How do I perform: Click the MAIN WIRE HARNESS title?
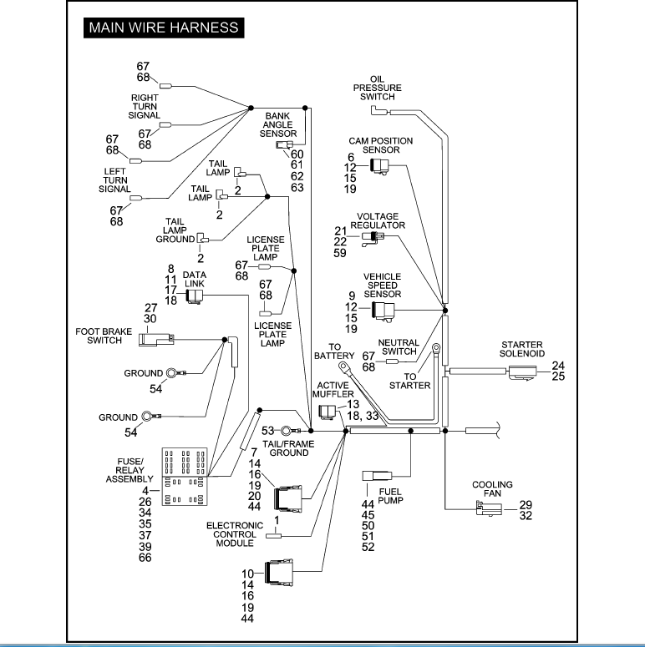click(x=164, y=28)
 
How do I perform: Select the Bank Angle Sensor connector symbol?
click(x=284, y=144)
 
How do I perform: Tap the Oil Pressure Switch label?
click(x=377, y=88)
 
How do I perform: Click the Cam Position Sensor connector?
click(x=379, y=166)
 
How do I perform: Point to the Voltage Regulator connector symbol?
click(x=373, y=238)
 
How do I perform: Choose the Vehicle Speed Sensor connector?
click(x=383, y=311)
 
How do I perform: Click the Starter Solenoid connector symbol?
click(x=522, y=372)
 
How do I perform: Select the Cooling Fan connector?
click(x=489, y=508)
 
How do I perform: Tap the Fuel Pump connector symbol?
click(x=377, y=476)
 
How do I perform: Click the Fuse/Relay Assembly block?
click(x=185, y=477)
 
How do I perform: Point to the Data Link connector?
click(x=195, y=296)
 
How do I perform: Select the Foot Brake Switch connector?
click(x=156, y=339)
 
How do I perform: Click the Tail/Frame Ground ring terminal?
click(x=286, y=432)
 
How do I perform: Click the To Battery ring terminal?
click(x=343, y=366)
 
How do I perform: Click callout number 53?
click(x=267, y=431)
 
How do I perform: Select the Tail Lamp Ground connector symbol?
click(x=202, y=238)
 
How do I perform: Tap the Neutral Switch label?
click(x=399, y=347)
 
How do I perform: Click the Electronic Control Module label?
click(x=235, y=534)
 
